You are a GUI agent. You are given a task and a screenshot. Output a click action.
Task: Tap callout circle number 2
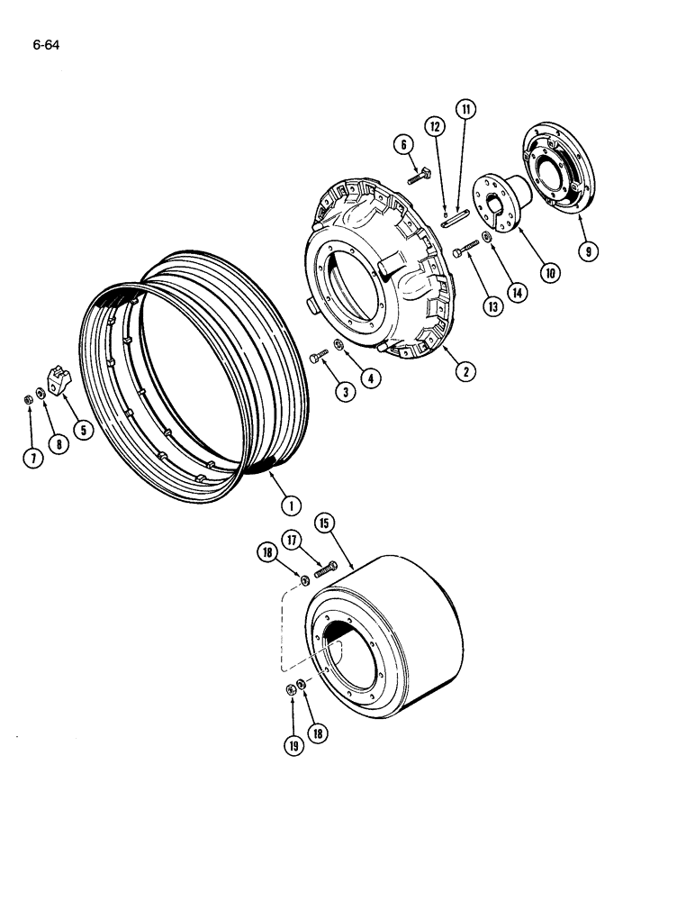click(465, 369)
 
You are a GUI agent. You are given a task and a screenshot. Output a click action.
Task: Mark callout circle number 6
click(402, 145)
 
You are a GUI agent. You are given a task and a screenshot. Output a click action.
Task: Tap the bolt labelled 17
click(326, 568)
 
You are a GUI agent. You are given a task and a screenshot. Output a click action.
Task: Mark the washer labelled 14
click(487, 236)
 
